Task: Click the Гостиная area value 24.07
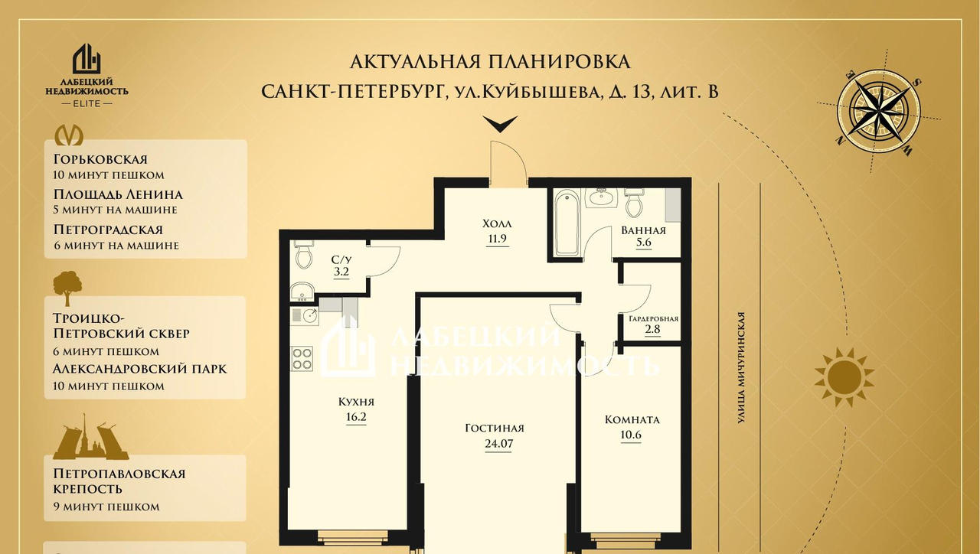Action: tap(498, 444)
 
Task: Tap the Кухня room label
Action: tap(356, 402)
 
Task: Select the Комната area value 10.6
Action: tap(631, 435)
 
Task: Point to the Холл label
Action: tap(497, 224)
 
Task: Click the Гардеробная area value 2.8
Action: tap(652, 329)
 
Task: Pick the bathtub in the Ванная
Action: tap(567, 222)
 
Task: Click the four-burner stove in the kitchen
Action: tap(302, 359)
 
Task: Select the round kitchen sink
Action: tap(311, 314)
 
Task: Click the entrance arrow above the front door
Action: tap(500, 124)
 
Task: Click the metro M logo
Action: tap(69, 135)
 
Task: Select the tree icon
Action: tap(67, 288)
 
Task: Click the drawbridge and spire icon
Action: tap(90, 437)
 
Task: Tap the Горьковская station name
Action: tap(100, 158)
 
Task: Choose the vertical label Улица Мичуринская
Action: tap(740, 368)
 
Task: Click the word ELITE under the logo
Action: tap(87, 103)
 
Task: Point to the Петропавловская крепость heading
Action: tap(119, 481)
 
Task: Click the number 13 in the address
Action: tap(638, 93)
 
